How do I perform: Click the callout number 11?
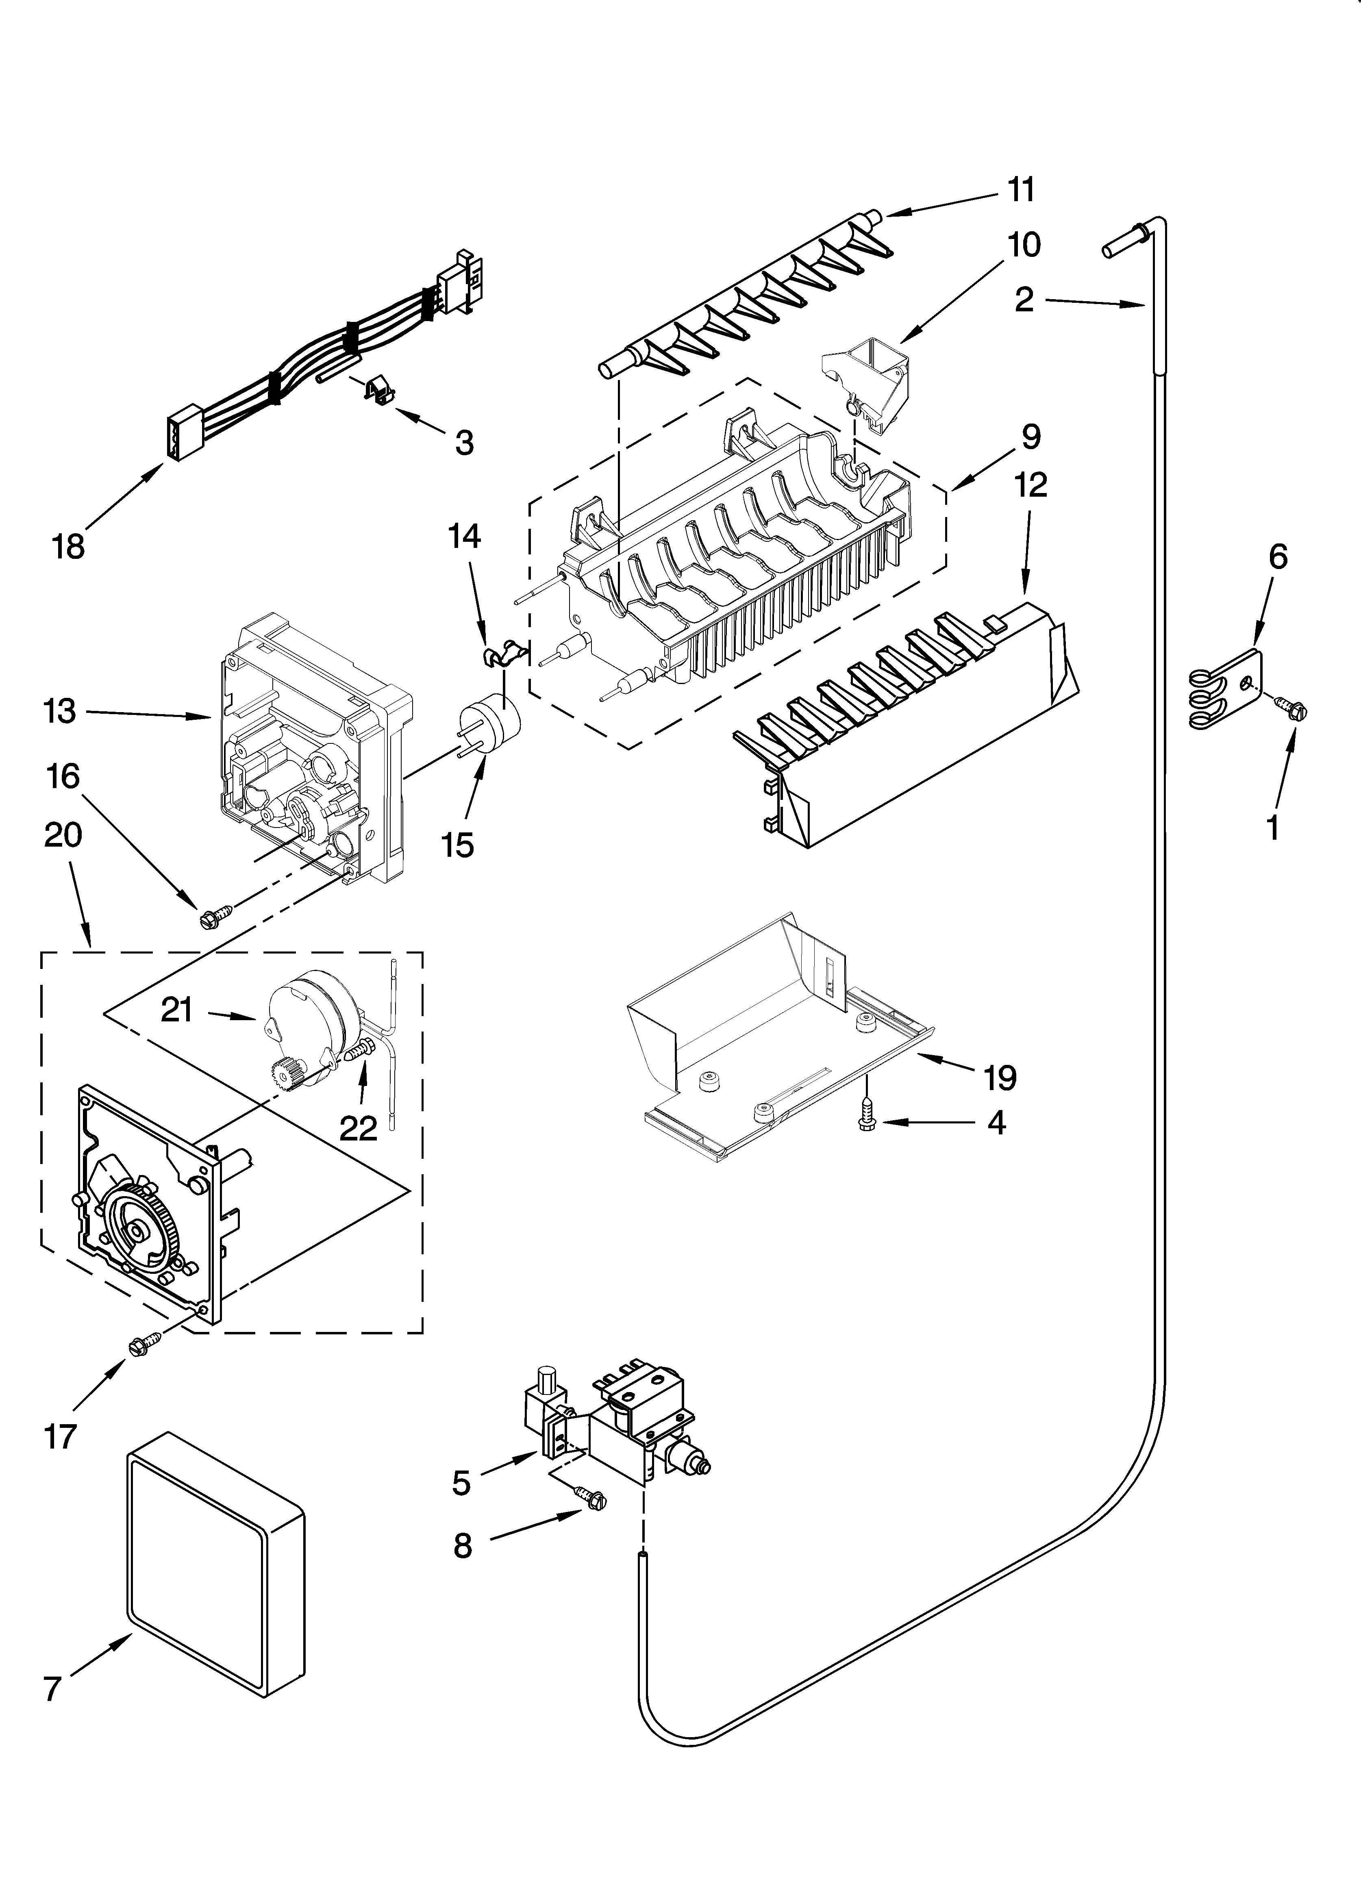[1021, 191]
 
